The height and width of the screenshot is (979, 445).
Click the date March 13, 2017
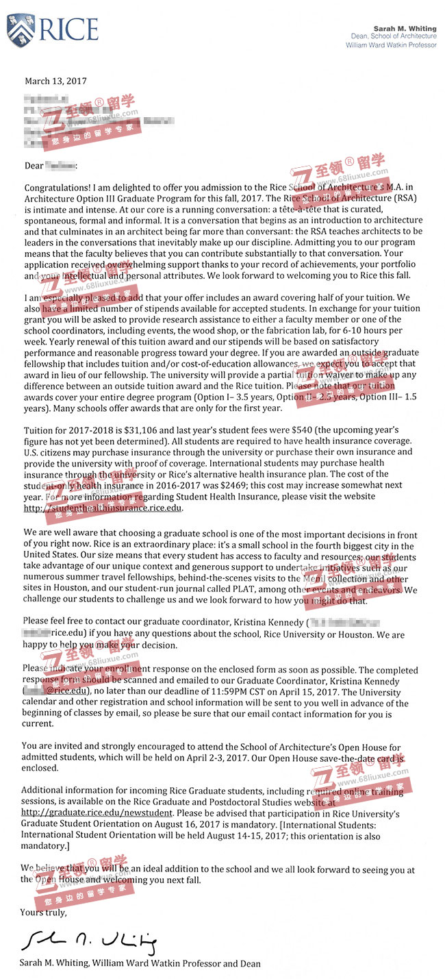55,81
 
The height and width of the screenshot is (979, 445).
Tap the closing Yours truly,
44,913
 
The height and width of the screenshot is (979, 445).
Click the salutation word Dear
34,165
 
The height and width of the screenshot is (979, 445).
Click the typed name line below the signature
140,963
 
